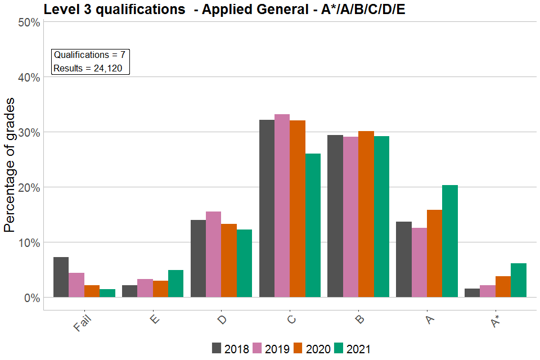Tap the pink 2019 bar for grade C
[x=282, y=205]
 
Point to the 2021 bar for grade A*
[x=519, y=280]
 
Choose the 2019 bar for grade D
[x=213, y=254]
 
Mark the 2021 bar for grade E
[x=175, y=283]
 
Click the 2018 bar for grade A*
[x=472, y=292]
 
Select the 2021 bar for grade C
[x=313, y=225]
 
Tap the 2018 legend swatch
[x=217, y=348]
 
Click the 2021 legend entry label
[x=358, y=349]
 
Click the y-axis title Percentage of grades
[x=10, y=164]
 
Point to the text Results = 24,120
[x=91, y=69]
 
